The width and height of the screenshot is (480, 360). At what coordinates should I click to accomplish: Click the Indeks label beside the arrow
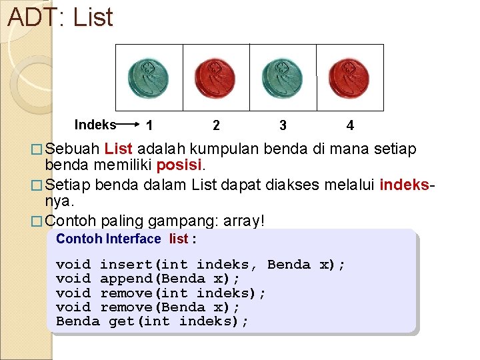point(95,125)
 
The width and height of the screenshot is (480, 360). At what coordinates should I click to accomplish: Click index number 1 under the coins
point(150,125)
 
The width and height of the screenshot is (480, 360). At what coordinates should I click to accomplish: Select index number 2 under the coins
point(216,125)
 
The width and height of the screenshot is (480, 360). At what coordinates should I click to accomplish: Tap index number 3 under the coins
point(283,125)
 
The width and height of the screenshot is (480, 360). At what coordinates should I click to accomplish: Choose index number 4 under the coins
point(350,125)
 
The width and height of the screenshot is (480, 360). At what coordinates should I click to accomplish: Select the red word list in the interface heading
point(179,239)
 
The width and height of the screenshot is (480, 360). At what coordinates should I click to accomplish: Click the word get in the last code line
point(121,321)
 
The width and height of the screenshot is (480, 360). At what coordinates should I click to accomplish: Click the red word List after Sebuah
point(119,149)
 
